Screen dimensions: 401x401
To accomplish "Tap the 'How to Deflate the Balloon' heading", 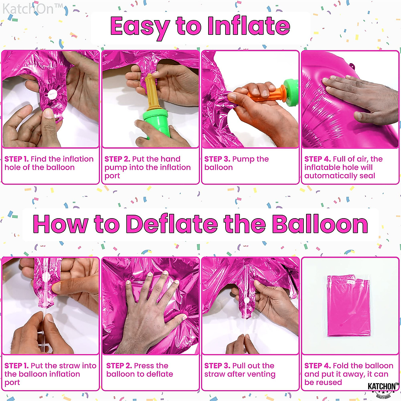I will point(200,224).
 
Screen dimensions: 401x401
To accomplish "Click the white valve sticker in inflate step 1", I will point(51,95).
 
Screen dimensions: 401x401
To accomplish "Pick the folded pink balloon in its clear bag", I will point(349,306).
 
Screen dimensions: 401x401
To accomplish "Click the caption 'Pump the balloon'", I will point(237,163).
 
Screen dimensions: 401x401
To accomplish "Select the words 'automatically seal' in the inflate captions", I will point(340,176).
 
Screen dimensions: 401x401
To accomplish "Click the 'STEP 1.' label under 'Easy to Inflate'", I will point(16,159).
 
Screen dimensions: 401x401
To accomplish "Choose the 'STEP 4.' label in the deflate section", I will point(317,366).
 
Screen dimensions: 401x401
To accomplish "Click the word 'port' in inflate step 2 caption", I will point(112,176).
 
